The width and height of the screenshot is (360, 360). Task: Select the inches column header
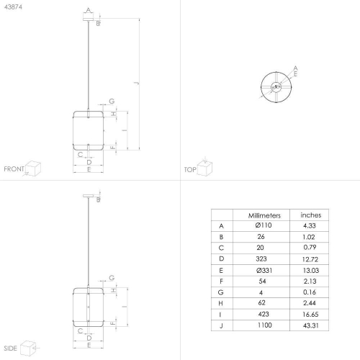click(x=310, y=215)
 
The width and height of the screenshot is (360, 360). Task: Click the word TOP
click(x=190, y=169)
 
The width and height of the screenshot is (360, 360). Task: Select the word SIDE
click(x=11, y=346)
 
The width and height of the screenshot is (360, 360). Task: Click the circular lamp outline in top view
click(x=275, y=88)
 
